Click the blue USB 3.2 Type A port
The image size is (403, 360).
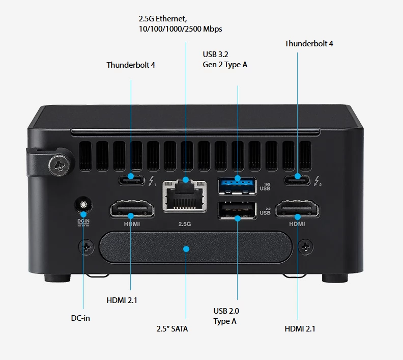238,185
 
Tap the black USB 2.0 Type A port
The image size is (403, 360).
238,211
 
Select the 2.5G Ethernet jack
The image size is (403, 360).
186,195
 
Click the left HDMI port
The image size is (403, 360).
131,210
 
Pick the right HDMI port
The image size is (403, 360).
298,210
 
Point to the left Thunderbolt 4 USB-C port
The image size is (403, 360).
131,178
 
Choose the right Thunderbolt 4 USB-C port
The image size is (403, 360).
298,178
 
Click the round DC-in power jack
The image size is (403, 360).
82,205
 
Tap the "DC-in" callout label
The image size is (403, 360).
80,318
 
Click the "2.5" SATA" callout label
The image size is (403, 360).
172,329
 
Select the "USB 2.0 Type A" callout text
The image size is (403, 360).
226,316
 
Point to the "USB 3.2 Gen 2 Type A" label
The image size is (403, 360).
225,59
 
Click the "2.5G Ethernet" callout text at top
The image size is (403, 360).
180,24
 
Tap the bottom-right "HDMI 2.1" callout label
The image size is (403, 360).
300,328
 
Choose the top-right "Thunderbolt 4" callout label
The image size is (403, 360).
309,44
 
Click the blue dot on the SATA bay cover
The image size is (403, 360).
186,249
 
